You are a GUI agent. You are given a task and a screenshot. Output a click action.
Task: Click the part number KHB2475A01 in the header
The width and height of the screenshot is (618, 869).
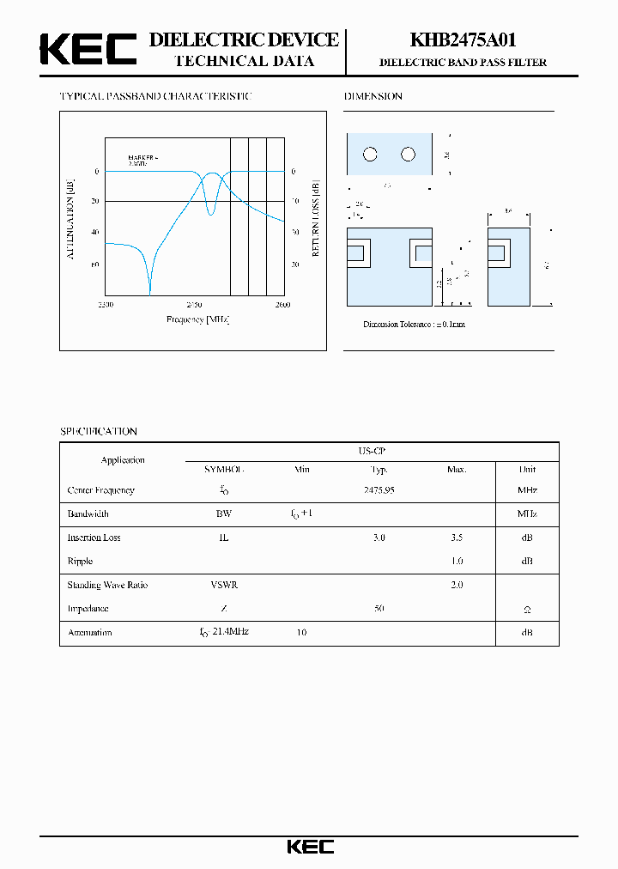463,39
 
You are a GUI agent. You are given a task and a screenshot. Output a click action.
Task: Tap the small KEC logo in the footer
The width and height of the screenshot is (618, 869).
310,847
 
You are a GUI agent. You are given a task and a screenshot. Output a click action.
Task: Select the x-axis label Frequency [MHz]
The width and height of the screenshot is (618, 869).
197,319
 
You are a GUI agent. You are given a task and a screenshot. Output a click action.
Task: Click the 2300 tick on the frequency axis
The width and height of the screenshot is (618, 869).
106,305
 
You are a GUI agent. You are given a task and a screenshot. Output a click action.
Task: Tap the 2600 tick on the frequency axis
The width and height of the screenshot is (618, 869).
282,305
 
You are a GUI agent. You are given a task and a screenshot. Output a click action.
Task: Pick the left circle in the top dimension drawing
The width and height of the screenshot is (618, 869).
370,155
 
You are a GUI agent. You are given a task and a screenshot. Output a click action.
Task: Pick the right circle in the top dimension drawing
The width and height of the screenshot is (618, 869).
408,155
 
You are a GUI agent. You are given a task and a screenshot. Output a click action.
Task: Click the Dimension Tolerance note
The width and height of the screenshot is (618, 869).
414,325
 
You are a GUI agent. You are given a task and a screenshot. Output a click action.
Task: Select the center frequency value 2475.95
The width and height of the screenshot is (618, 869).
379,490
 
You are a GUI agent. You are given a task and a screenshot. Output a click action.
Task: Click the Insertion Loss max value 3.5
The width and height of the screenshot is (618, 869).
456,538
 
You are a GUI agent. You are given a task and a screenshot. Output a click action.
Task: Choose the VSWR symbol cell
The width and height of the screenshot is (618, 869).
224,585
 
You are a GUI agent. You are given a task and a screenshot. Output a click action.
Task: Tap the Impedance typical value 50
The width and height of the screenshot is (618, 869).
379,608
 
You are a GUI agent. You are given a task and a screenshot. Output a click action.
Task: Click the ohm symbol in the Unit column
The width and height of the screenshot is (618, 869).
527,609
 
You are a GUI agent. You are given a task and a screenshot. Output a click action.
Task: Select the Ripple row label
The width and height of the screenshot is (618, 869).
80,561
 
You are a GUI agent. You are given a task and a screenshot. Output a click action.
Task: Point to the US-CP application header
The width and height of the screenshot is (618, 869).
372,450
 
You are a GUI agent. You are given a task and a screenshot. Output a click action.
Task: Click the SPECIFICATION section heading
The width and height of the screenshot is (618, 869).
98,431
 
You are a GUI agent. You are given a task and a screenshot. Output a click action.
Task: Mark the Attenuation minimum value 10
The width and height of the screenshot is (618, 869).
301,632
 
